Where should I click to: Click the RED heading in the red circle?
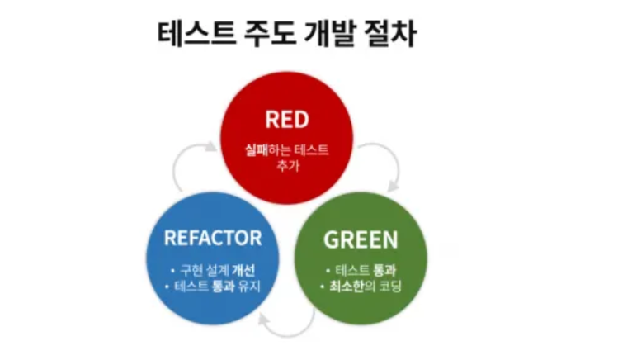pos(286,120)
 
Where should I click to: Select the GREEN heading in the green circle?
pos(361,240)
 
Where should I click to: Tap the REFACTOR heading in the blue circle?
pos(212,239)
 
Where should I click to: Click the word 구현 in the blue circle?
pos(191,271)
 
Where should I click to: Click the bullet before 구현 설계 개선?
pos(172,271)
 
